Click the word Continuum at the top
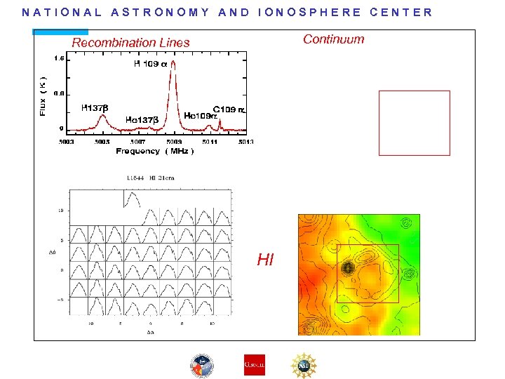click(x=333, y=39)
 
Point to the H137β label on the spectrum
click(x=95, y=108)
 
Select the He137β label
click(x=141, y=120)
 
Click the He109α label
click(x=198, y=115)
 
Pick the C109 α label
click(x=229, y=109)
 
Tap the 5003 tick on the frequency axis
click(x=67, y=142)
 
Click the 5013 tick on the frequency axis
click(x=245, y=142)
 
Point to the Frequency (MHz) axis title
click(x=155, y=152)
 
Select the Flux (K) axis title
click(x=43, y=96)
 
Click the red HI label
click(x=265, y=260)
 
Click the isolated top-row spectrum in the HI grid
click(x=133, y=199)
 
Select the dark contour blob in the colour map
click(x=347, y=267)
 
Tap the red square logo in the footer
click(x=254, y=365)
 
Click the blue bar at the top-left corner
click(x=60, y=32)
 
